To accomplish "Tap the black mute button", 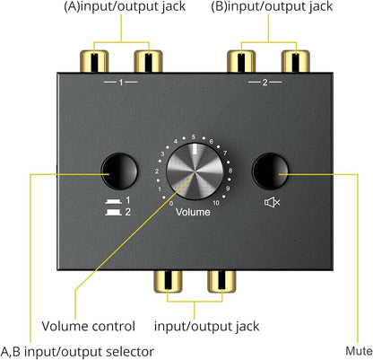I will (x=270, y=171).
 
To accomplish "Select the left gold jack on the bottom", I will (x=169, y=285).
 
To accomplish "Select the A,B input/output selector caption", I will (x=76, y=351).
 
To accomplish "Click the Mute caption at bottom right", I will (x=358, y=351).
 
